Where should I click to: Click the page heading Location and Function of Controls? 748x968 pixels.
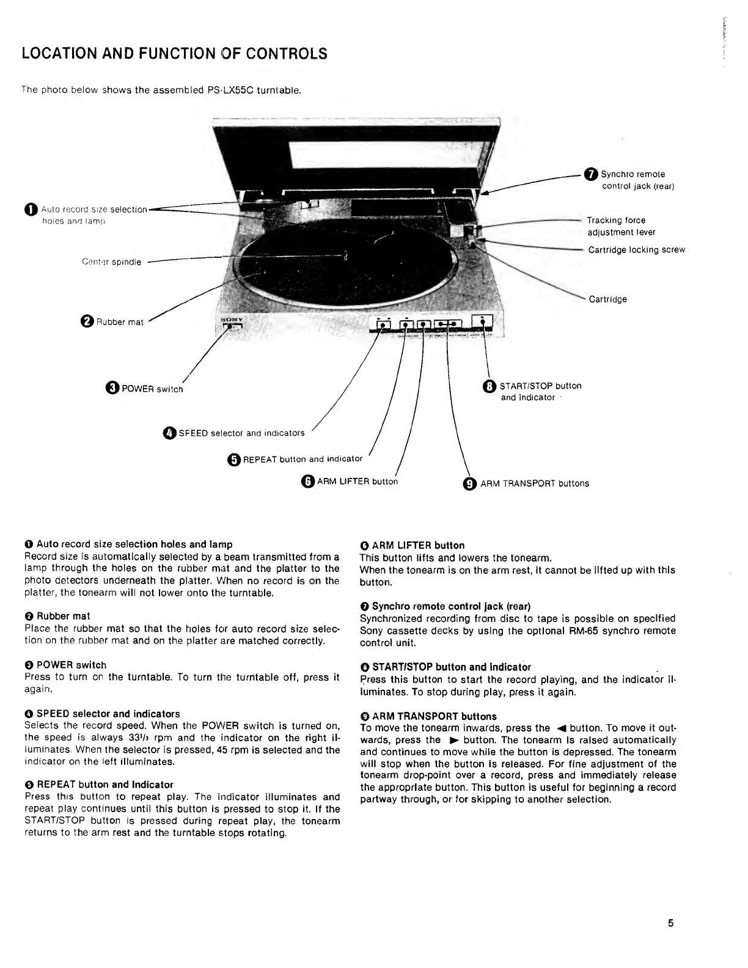pos(174,54)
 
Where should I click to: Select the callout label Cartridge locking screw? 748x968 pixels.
pos(636,250)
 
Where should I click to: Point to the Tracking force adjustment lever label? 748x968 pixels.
pos(620,226)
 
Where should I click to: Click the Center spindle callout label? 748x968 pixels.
pos(111,262)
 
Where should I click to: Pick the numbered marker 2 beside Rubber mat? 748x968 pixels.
pos(87,321)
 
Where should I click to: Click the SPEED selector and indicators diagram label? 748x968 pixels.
pos(241,433)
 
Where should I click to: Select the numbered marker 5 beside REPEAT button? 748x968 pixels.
pos(233,460)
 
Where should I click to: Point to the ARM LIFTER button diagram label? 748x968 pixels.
pos(357,482)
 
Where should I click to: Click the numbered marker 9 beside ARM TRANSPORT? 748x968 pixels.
pos(470,484)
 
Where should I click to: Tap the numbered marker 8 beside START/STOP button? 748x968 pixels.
pos(490,386)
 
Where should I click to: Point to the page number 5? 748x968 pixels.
pos(670,923)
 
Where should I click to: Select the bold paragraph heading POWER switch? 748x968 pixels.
pos(71,665)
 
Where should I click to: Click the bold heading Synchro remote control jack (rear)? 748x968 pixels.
pos(451,606)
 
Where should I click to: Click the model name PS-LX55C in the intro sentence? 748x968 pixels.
pos(228,90)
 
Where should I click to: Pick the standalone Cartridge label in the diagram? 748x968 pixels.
pos(607,299)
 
